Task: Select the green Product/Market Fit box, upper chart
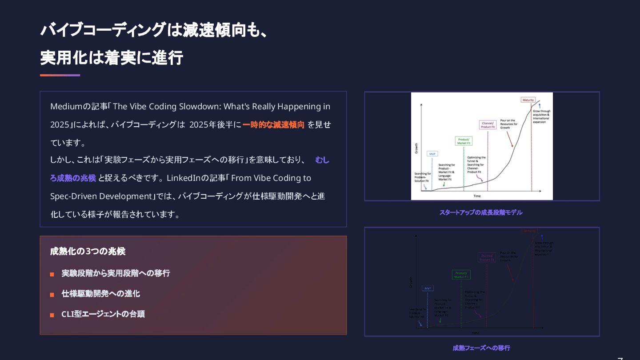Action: point(464,141)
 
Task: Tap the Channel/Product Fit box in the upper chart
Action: point(488,125)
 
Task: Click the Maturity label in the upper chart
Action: point(528,100)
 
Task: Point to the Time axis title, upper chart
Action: point(477,196)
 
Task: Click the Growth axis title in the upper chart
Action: point(416,148)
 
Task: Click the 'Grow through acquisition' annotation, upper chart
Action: point(541,116)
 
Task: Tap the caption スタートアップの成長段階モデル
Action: point(481,212)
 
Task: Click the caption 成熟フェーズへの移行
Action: point(481,348)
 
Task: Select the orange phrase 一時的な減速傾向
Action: point(273,124)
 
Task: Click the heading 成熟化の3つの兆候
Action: point(88,251)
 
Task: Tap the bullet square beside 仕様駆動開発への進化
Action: point(52,295)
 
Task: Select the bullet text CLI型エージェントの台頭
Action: point(103,314)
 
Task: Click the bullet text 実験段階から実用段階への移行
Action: point(116,273)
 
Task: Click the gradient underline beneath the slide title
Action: point(60,75)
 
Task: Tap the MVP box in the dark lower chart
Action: point(428,288)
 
